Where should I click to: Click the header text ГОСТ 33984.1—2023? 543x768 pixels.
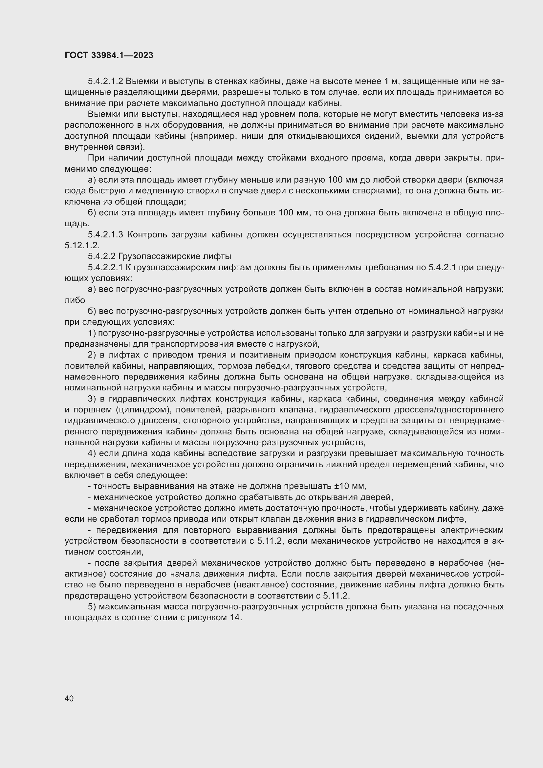coord(109,55)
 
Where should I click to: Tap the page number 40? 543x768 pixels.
coord(69,698)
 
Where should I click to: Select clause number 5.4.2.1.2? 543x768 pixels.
coord(105,81)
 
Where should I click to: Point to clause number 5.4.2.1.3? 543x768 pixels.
coord(105,234)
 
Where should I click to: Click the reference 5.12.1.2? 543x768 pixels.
coord(82,245)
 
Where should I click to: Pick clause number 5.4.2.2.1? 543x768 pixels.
coord(105,267)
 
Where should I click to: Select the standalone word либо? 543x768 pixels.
coord(75,300)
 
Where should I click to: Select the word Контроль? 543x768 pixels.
coord(147,234)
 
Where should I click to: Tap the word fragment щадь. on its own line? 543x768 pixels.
coord(76,224)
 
